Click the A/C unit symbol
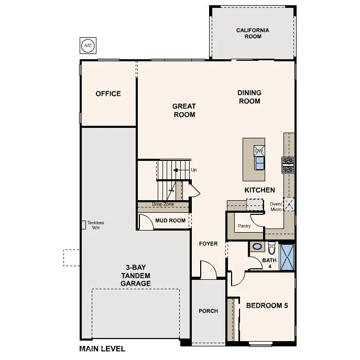pyautogui.click(x=87, y=46)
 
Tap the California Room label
pyautogui.click(x=252, y=34)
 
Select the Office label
pyautogui.click(x=108, y=94)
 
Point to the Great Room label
pyautogui.click(x=184, y=110)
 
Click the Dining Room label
pyautogui.click(x=249, y=97)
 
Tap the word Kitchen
pyautogui.click(x=259, y=190)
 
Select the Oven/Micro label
pyautogui.click(x=276, y=206)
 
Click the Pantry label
pyautogui.click(x=244, y=226)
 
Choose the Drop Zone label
pyautogui.click(x=162, y=204)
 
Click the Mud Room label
pyautogui.click(x=170, y=221)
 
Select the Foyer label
pyautogui.click(x=208, y=244)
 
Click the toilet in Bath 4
pyautogui.click(x=271, y=247)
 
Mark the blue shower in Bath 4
pyautogui.click(x=287, y=257)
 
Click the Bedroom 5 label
pyautogui.click(x=267, y=306)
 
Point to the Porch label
pyautogui.click(x=208, y=311)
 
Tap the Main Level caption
pyautogui.click(x=102, y=348)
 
